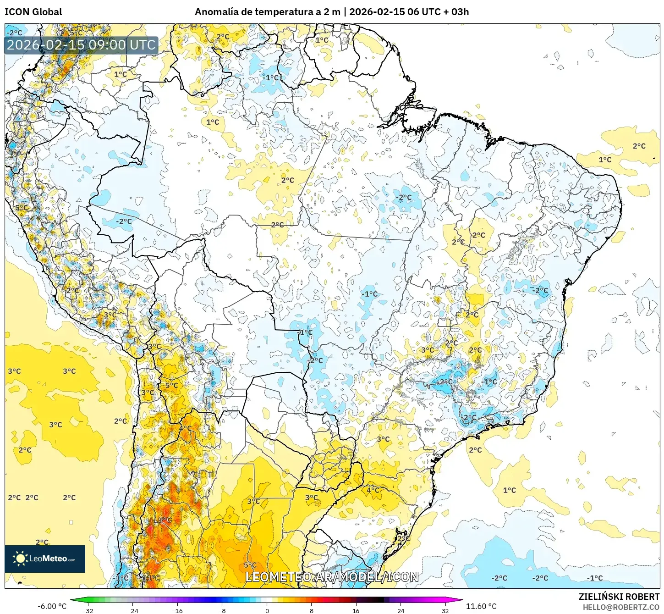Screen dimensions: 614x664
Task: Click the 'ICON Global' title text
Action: click(33, 12)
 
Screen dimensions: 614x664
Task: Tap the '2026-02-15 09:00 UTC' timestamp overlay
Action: click(81, 45)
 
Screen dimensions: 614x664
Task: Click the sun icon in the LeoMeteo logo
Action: click(20, 558)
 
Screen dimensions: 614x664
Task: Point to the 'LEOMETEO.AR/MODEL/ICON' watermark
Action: click(332, 577)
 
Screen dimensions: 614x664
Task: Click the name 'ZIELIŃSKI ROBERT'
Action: click(619, 597)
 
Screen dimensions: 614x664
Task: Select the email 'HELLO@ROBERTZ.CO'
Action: click(621, 607)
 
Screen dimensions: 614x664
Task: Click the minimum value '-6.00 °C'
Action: click(52, 606)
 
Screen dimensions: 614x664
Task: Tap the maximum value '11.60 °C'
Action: click(481, 606)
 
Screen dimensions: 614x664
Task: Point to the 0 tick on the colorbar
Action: click(267, 610)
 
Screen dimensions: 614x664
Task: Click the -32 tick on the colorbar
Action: click(88, 610)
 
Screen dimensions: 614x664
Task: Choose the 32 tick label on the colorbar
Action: click(445, 610)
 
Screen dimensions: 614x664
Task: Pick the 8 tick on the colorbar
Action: click(312, 610)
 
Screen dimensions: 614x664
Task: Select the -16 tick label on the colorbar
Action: click(177, 610)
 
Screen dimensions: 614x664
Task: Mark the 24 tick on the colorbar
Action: click(401, 610)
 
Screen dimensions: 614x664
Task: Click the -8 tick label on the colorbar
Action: click(222, 610)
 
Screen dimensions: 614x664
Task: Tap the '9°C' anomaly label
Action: click(165, 520)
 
